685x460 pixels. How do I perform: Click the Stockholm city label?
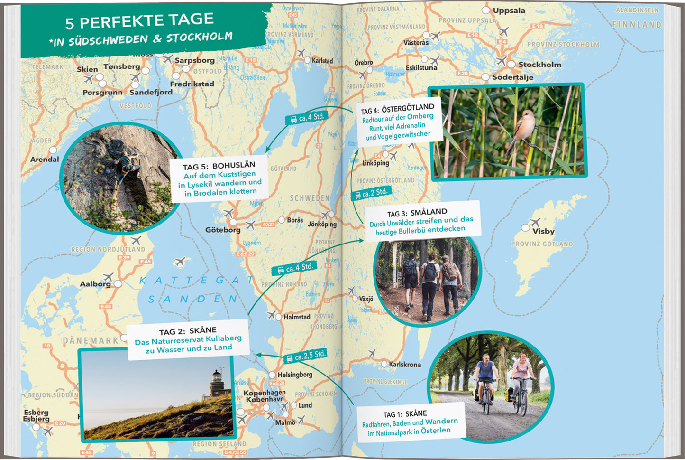[x=539, y=65]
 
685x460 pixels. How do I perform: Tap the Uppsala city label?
[x=509, y=10]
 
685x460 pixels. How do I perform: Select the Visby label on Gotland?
[x=543, y=231]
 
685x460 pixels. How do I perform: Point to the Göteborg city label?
[x=223, y=230]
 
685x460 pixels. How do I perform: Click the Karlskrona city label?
[x=405, y=365]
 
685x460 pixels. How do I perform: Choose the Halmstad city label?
[x=297, y=317]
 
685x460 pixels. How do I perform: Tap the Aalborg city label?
[x=95, y=284]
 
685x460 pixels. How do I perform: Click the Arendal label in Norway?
[x=45, y=160]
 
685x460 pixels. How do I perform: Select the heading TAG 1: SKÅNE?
[x=405, y=414]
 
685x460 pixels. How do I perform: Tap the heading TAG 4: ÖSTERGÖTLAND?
[x=397, y=109]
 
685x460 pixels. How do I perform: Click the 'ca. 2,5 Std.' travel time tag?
[x=306, y=356]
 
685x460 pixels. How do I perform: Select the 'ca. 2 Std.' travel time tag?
[x=371, y=193]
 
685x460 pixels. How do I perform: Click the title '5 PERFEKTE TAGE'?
[x=139, y=20]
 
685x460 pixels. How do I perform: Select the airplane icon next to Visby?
[x=535, y=222]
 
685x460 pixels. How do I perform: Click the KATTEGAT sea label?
[x=196, y=281]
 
